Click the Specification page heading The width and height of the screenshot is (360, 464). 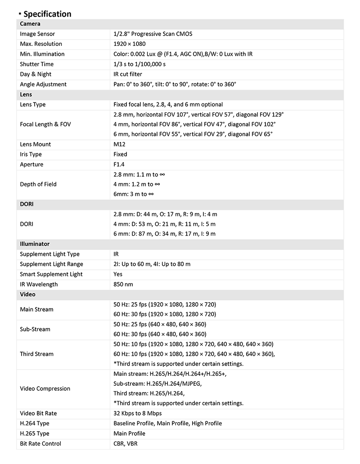(47, 14)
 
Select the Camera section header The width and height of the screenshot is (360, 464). (30, 24)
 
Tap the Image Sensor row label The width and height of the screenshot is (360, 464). (37, 34)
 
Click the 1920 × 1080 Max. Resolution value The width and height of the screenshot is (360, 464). (130, 44)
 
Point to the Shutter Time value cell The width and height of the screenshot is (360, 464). (139, 64)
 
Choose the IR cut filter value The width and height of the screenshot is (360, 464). (127, 74)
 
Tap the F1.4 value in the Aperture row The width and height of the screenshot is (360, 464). (119, 165)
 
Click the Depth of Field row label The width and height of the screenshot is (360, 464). (38, 184)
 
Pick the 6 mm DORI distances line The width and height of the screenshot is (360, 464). (164, 234)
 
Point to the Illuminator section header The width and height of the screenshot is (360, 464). (35, 244)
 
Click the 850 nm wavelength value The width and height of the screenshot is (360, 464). (123, 284)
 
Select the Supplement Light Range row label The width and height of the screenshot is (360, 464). (51, 264)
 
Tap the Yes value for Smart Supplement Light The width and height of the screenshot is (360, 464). (118, 274)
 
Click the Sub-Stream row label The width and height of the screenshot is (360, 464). (35, 329)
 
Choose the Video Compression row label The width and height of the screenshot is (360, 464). (45, 388)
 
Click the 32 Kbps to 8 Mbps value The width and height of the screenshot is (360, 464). (137, 414)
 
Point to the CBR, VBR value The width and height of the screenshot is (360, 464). (126, 444)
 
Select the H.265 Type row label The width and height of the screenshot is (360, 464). (35, 434)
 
